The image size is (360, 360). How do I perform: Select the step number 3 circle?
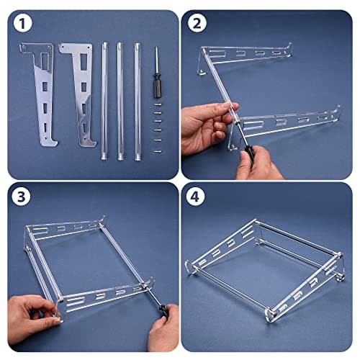pyautogui.click(x=22, y=197)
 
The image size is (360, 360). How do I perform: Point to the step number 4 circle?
pyautogui.click(x=195, y=197)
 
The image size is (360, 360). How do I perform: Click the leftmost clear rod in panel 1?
pyautogui.click(x=104, y=102)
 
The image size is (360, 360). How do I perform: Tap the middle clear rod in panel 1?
pyautogui.click(x=120, y=102)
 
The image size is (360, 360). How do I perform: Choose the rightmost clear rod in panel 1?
pyautogui.click(x=138, y=102)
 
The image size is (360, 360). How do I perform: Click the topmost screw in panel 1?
pyautogui.click(x=158, y=104)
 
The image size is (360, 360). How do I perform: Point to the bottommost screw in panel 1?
pyautogui.click(x=158, y=151)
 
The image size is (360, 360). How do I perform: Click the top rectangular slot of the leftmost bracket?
pyautogui.click(x=45, y=60)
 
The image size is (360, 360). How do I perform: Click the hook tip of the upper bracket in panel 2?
pyautogui.click(x=290, y=45)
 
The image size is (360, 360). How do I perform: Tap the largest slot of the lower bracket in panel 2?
pyautogui.click(x=253, y=125)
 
